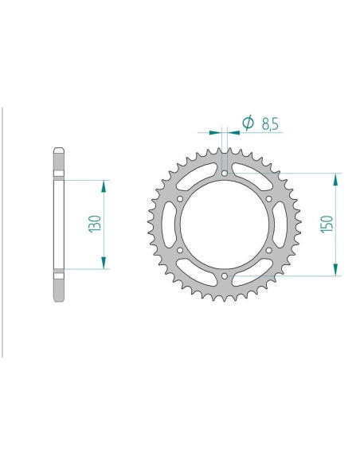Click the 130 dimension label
click(x=96, y=224)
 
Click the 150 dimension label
click(x=327, y=225)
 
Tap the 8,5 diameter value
click(x=270, y=124)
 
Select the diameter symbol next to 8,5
click(x=248, y=122)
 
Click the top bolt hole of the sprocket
click(x=225, y=173)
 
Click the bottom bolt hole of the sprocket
click(x=225, y=276)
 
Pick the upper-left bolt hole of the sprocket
click(x=180, y=199)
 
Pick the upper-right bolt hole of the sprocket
click(x=269, y=199)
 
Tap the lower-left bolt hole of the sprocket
click(x=180, y=250)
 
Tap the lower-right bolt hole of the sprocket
click(x=269, y=250)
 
